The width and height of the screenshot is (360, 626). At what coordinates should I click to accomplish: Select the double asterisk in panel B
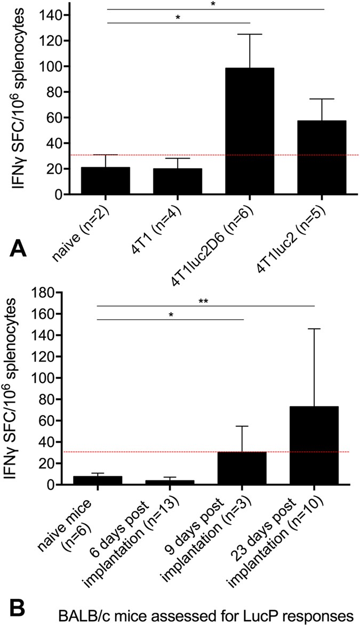click(203, 301)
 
